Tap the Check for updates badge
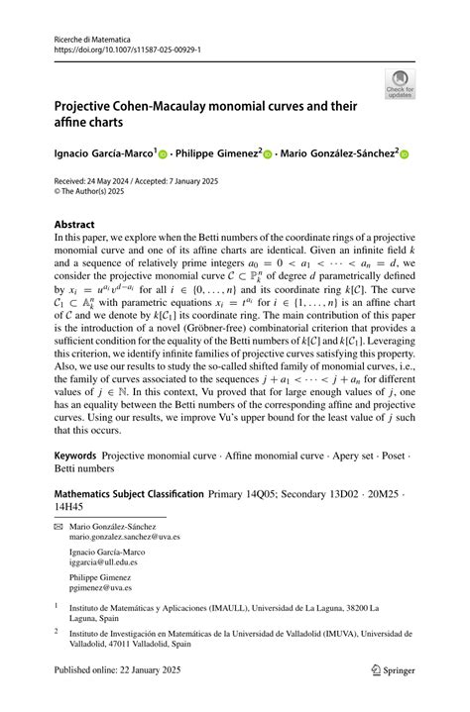pyautogui.click(x=401, y=83)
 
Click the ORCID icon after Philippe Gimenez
pyautogui.click(x=270, y=153)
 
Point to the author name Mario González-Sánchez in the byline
pyautogui.click(x=337, y=153)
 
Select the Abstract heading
pyautogui.click(x=75, y=224)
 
